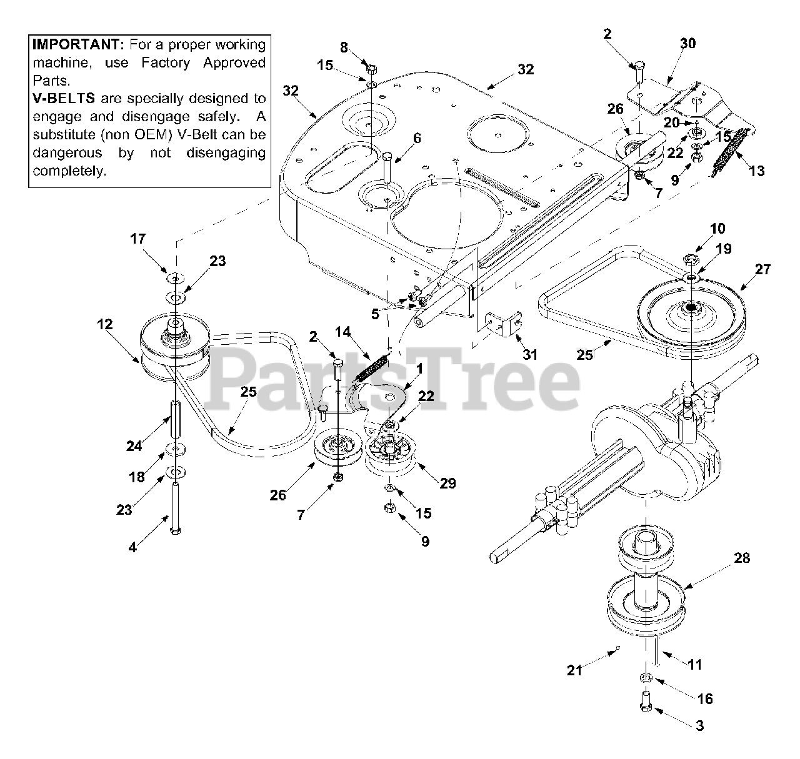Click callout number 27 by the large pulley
(x=762, y=270)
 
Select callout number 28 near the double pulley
(x=742, y=558)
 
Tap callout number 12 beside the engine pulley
(x=104, y=324)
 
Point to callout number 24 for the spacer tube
(x=134, y=445)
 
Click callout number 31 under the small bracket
(x=529, y=354)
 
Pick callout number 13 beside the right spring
(x=757, y=171)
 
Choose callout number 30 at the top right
(x=687, y=43)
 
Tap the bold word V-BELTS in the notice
(x=61, y=98)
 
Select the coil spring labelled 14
(x=372, y=367)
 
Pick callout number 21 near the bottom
(x=574, y=670)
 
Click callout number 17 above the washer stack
(x=137, y=238)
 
